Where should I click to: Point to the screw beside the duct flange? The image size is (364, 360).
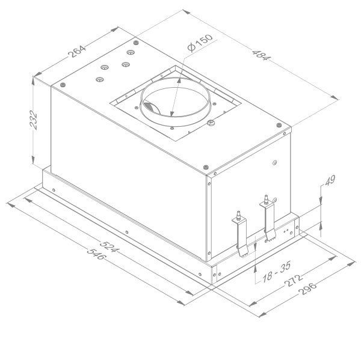pos(211,124)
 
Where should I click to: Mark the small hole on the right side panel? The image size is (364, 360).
pos(275,162)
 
